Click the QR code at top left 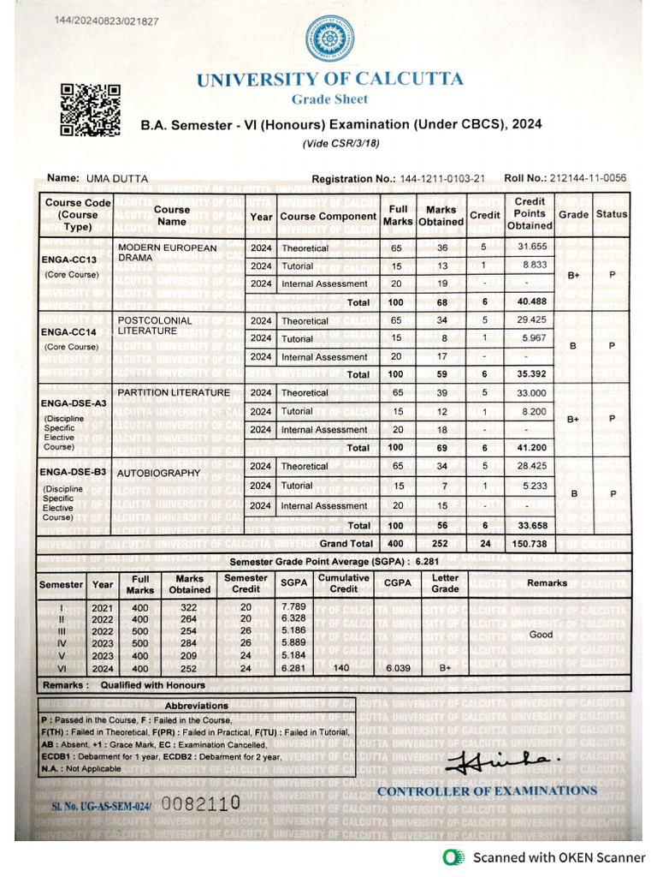point(90,110)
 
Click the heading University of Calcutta point(329,80)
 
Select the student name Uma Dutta point(116,179)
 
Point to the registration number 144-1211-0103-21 point(441,179)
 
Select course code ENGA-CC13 point(69,259)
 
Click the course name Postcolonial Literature point(155,325)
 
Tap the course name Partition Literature point(174,393)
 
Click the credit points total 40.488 point(530,302)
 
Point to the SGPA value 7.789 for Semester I point(293,606)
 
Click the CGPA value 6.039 point(398,669)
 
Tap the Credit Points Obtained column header point(530,214)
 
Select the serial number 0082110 point(200,805)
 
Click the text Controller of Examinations point(487,790)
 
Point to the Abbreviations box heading point(197,706)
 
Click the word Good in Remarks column point(541,635)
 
